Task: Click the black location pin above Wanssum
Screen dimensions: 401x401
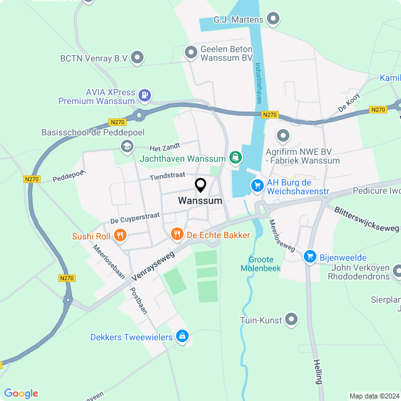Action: pyautogui.click(x=200, y=185)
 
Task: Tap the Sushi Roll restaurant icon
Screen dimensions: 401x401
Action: pyautogui.click(x=120, y=236)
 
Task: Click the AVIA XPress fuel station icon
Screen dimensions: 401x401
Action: pyautogui.click(x=145, y=95)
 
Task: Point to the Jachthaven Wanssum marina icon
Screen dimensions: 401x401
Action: pyautogui.click(x=236, y=157)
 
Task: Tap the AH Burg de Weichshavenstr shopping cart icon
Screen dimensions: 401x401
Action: pyautogui.click(x=257, y=185)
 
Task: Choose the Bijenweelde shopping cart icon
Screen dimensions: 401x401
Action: pyautogui.click(x=310, y=257)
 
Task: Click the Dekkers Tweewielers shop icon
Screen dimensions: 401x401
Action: pyautogui.click(x=182, y=336)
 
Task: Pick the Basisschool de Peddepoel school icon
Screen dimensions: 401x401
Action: pyautogui.click(x=128, y=146)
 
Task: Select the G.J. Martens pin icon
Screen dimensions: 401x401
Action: pyautogui.click(x=273, y=19)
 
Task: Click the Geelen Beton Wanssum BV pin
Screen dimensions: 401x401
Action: pyautogui.click(x=191, y=53)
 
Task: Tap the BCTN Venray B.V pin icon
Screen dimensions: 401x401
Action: pyautogui.click(x=138, y=58)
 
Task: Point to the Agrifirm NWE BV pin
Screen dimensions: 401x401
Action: pyautogui.click(x=283, y=135)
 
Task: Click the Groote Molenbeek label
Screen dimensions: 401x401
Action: pyautogui.click(x=261, y=263)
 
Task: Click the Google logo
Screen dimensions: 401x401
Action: pyautogui.click(x=21, y=393)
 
